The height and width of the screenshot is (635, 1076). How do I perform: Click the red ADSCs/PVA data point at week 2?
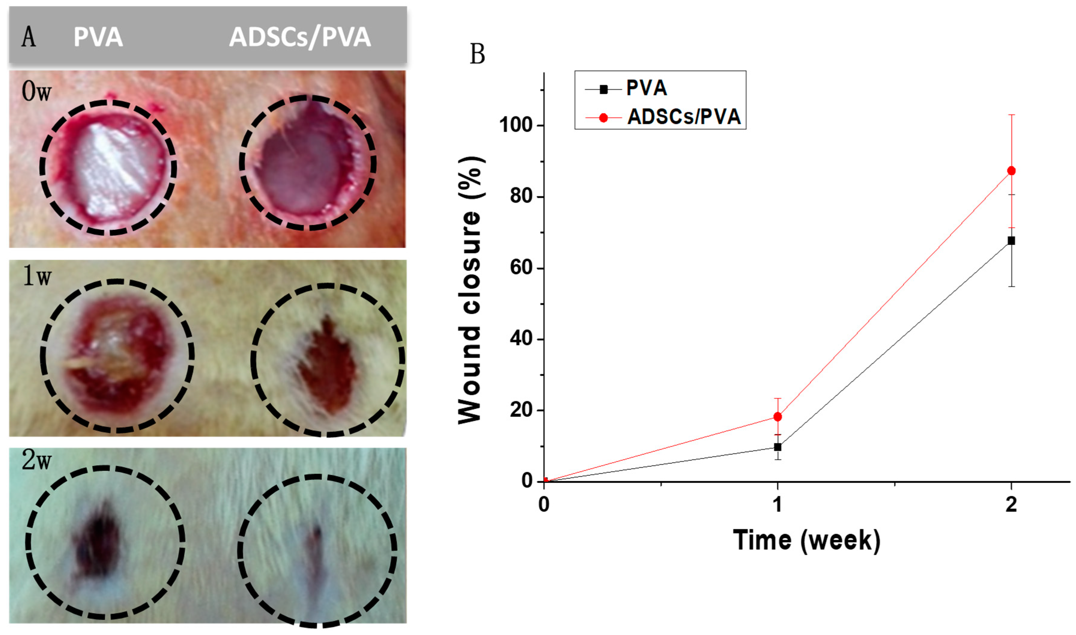(x=1011, y=171)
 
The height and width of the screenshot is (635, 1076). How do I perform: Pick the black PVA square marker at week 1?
(x=777, y=447)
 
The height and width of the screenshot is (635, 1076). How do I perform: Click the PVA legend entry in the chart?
(x=646, y=89)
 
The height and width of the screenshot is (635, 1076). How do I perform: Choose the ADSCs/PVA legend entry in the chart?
(x=683, y=117)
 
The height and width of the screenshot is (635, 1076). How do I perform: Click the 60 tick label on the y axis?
(x=521, y=268)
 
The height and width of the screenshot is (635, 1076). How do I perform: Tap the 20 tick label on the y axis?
(x=521, y=410)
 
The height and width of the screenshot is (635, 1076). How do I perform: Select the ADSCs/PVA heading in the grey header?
(x=300, y=37)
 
